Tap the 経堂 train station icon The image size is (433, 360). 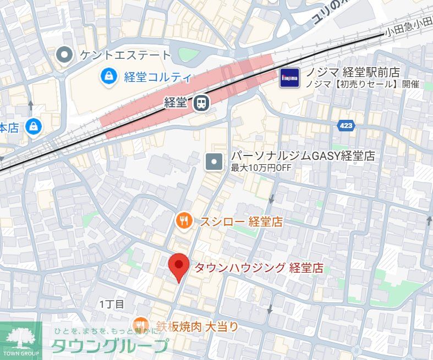(200, 102)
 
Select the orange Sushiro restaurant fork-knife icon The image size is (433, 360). (184, 221)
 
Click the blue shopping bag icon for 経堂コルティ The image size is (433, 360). (109, 76)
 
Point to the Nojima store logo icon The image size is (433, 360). (289, 77)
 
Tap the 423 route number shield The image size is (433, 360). (346, 126)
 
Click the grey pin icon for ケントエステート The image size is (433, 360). (65, 54)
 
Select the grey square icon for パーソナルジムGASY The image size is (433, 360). (213, 162)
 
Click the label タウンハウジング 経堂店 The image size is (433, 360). (259, 268)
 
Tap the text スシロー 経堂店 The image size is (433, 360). (241, 222)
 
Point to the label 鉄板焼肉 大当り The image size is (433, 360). (197, 327)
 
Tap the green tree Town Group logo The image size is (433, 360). (21, 337)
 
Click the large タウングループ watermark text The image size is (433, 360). (110, 346)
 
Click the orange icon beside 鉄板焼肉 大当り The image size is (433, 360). (141, 325)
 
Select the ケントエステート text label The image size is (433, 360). (125, 55)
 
